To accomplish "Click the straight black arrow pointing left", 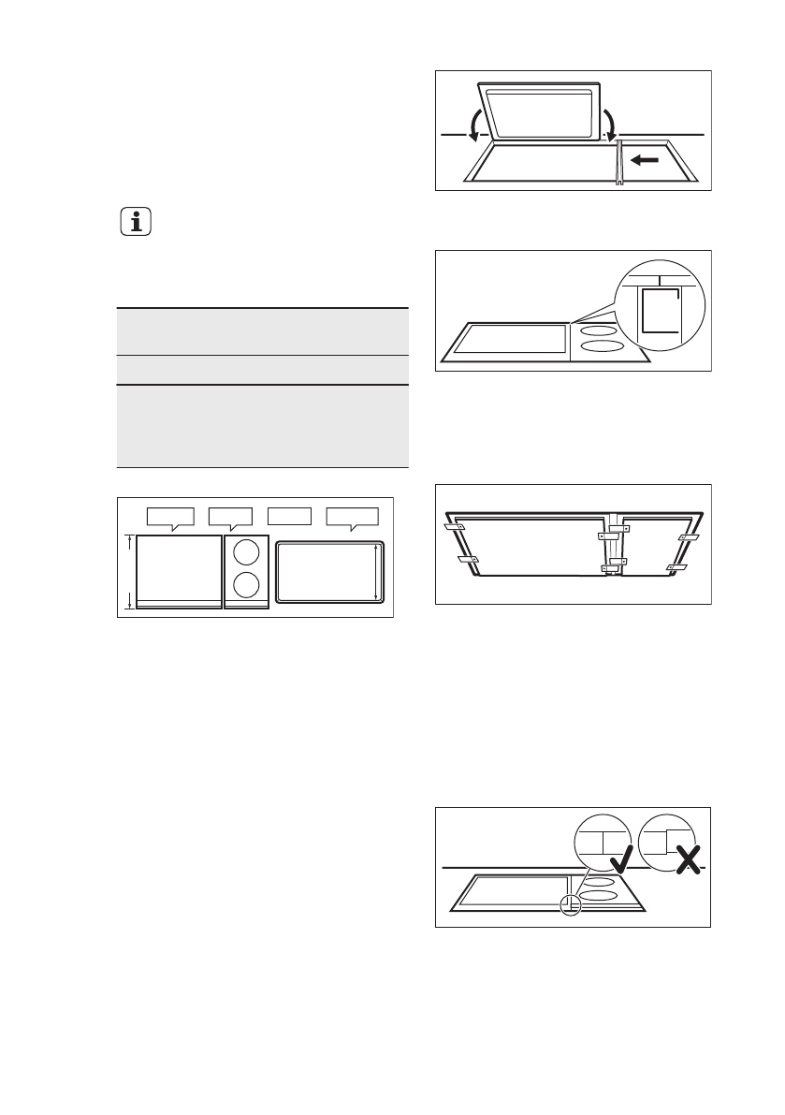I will [x=646, y=160].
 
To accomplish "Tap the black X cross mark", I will [x=688, y=856].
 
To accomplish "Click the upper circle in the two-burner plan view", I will [x=246, y=550].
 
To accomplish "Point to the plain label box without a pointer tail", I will [x=289, y=515].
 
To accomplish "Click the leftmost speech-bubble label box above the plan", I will [x=170, y=516].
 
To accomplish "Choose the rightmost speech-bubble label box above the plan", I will [x=352, y=516].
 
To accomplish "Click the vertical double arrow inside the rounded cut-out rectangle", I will [x=375, y=572].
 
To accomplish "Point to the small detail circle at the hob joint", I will [x=567, y=903].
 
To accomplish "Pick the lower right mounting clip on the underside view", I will [x=676, y=567].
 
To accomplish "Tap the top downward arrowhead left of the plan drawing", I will [x=129, y=539].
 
